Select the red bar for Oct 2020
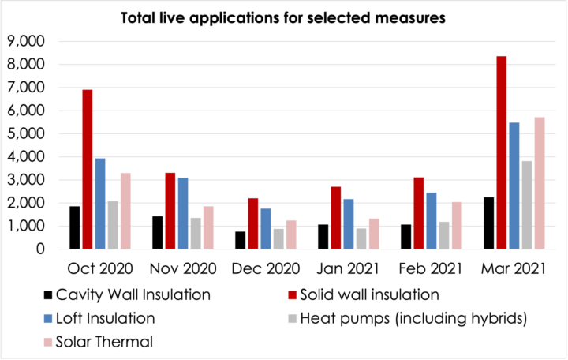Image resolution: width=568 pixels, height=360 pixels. point(88,170)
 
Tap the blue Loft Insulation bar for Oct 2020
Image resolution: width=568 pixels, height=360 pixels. point(100,204)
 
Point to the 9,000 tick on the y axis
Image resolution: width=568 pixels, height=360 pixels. point(26,41)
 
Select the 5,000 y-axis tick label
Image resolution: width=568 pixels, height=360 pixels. point(26,133)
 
